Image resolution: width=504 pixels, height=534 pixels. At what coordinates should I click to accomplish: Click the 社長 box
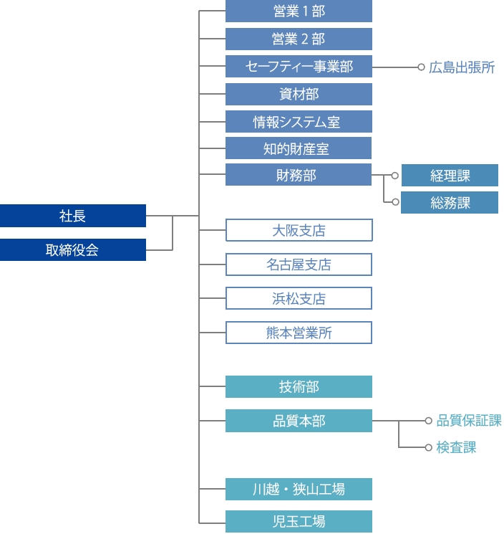coord(73,215)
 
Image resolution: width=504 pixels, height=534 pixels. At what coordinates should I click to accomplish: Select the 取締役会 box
coord(73,249)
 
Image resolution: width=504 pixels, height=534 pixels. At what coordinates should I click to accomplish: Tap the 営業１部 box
coord(299,11)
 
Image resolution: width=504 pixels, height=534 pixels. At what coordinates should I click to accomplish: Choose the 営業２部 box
coord(299,39)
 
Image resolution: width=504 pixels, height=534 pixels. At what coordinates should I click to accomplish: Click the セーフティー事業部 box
coord(299,67)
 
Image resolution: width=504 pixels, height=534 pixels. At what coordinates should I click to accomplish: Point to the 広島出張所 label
coord(462,67)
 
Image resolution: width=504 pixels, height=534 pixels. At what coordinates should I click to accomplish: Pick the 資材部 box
coord(299,94)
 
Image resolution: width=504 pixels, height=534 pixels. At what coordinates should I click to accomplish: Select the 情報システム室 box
coord(299,122)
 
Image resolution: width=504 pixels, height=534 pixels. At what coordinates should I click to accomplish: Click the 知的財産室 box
coord(299,149)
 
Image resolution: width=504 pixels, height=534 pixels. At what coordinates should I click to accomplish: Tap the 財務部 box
coord(299,175)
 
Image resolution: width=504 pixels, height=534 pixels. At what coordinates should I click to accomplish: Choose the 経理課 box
coord(450,175)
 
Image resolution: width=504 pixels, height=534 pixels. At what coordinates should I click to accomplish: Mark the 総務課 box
coord(450,203)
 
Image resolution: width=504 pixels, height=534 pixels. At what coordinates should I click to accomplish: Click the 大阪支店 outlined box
coord(299,230)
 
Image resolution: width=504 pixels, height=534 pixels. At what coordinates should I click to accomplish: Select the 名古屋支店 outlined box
coord(299,264)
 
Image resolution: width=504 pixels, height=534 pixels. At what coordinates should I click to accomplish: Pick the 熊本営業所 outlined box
coord(299,333)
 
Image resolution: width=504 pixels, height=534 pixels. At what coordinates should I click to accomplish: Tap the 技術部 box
coord(299,387)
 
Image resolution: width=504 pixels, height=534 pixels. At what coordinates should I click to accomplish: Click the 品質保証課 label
coord(469,421)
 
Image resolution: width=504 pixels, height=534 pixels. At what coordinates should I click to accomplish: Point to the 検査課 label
coord(456,447)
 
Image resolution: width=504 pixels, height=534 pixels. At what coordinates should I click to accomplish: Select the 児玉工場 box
coord(299,521)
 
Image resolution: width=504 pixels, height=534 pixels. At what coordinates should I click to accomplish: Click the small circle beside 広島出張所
coord(422,67)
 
